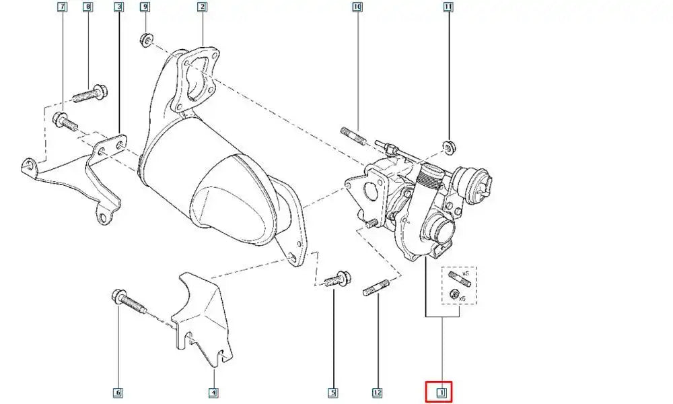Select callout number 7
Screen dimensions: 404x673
coord(63,7)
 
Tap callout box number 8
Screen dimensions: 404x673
coord(87,7)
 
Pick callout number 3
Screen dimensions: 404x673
coord(118,7)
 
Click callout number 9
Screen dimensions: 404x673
coord(144,7)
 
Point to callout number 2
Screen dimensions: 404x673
coord(201,7)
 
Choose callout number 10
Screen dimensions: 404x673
coord(357,7)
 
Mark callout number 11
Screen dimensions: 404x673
coord(448,7)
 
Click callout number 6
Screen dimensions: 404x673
coord(118,392)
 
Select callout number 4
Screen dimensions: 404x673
coord(213,392)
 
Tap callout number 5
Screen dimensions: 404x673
coord(332,392)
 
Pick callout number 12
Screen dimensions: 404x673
coord(378,392)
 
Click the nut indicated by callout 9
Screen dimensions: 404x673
coord(144,40)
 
